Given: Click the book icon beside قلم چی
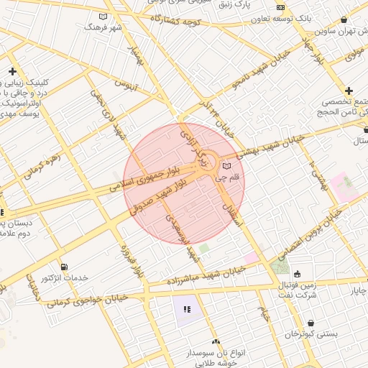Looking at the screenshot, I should (227, 167).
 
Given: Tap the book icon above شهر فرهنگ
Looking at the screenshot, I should (103, 17).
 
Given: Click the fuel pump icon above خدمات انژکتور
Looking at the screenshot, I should (65, 267).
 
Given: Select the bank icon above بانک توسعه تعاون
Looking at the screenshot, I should (280, 8).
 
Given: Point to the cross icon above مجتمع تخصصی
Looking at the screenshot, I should (349, 91).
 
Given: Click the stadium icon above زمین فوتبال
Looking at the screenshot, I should (297, 273).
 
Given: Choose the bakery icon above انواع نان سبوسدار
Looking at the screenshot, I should (216, 342).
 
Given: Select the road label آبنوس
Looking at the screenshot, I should (125, 88).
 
